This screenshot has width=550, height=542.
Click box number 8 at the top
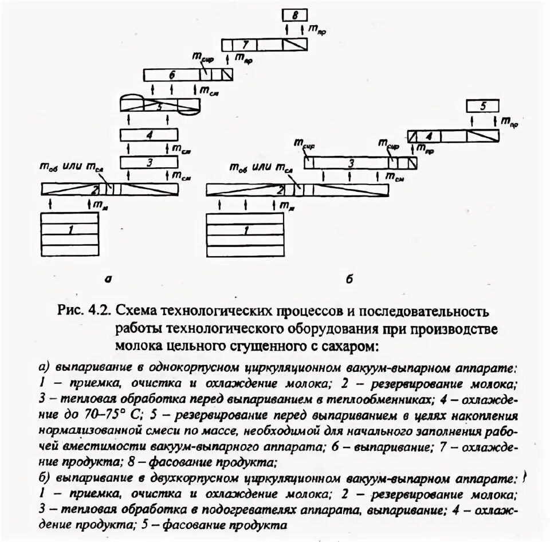(x=295, y=15)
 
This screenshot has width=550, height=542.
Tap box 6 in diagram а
(x=172, y=74)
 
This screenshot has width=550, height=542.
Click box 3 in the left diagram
(x=149, y=163)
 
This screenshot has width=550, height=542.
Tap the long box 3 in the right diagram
(x=349, y=163)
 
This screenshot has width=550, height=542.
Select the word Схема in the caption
(x=135, y=312)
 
